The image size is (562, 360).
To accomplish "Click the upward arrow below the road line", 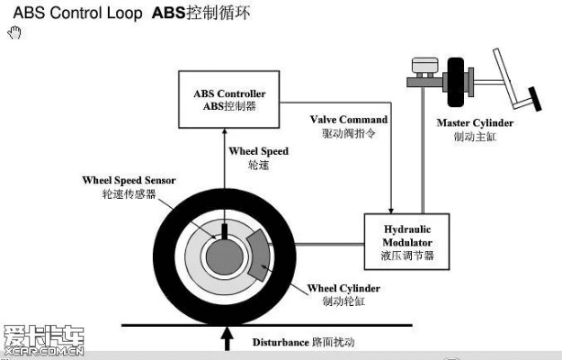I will (227, 339).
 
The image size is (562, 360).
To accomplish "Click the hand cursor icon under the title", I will (14, 33).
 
